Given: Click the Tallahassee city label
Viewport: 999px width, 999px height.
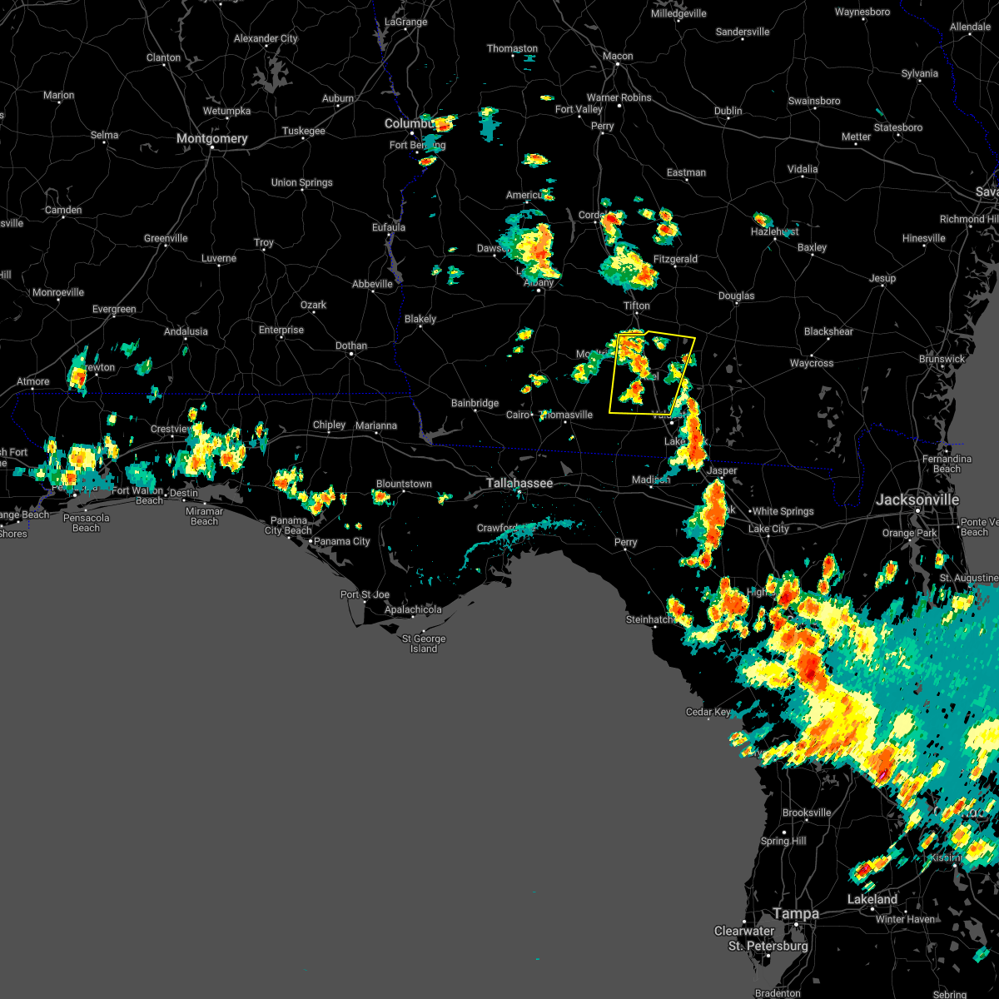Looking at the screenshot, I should point(519,483).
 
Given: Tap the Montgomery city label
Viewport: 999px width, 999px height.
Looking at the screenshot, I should point(211,139).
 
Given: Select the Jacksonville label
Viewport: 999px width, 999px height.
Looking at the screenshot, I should point(917,499).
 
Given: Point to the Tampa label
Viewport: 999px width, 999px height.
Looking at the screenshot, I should point(796,913).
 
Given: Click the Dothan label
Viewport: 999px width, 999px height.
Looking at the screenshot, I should point(350,345).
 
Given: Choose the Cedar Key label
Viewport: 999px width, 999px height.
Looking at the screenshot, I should point(708,712).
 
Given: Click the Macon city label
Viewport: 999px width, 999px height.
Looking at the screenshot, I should point(618,57).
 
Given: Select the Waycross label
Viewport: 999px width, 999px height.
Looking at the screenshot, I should point(811,363).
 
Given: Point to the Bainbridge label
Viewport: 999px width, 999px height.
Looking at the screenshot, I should point(475,403).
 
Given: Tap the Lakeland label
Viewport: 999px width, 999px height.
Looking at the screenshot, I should point(872,899).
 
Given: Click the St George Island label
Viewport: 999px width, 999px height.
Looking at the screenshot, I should point(424,644).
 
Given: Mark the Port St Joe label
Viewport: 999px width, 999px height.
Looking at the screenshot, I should point(365,594).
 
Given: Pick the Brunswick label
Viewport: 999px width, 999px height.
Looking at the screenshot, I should point(942,359).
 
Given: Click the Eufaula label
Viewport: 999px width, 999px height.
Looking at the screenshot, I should point(388,227).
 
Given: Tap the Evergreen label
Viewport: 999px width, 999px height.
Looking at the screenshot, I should point(114,309).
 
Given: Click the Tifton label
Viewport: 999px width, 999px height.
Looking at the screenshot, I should point(637,306).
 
